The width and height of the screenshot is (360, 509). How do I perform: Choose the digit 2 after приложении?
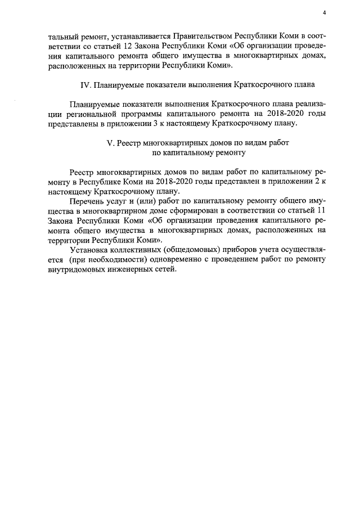click(x=314, y=182)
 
